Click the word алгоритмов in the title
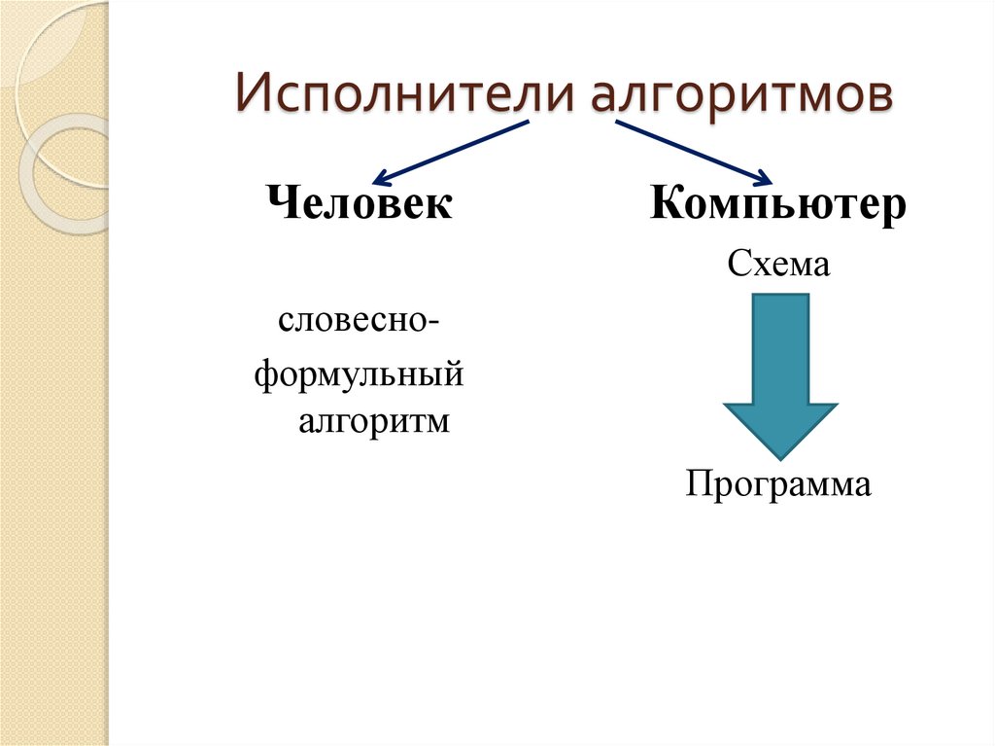739,99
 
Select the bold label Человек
359,204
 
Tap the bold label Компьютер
778,205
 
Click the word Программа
778,483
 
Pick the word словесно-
359,321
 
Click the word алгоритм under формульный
374,423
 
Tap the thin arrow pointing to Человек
452,152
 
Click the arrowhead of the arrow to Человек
381,178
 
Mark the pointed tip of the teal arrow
779,457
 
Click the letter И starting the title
251,99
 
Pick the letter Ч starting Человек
278,204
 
